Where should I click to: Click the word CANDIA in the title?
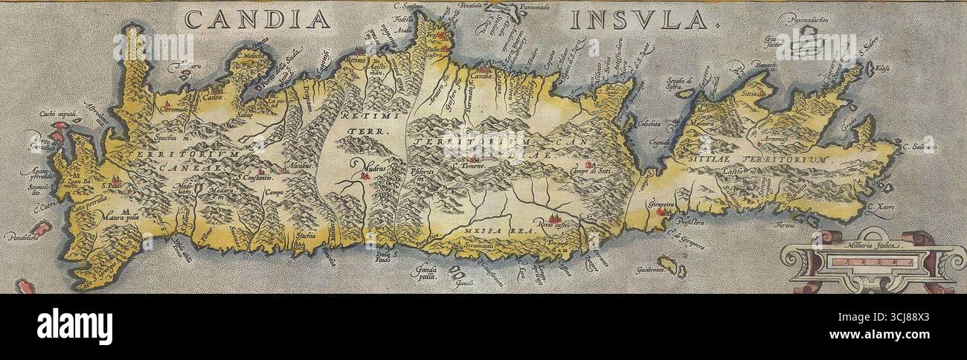257,19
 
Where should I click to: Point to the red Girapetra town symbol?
658,213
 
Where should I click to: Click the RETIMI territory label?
362,117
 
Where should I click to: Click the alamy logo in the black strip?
74,327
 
